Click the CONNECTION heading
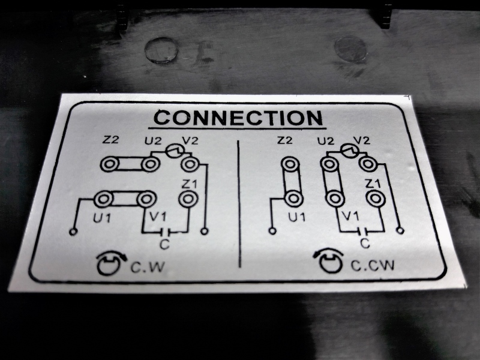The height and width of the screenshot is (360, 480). coord(238,118)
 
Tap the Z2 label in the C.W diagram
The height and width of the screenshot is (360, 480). coord(110,140)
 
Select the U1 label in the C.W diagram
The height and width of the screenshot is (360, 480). coord(102,218)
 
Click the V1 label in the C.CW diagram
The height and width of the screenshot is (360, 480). coord(350,217)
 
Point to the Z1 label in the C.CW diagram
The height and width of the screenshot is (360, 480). coord(373,184)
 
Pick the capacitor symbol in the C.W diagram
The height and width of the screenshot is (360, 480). coord(165,232)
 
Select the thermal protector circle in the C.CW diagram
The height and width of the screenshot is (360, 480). coord(350,151)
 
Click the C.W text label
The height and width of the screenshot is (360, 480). coord(148,267)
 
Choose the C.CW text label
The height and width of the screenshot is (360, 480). coord(372,266)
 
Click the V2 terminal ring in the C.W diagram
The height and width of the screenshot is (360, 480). coord(190,164)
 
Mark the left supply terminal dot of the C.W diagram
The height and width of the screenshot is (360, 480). coord(73,232)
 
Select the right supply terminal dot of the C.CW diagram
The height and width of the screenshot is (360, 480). coord(400,230)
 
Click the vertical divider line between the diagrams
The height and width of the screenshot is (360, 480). coord(239,203)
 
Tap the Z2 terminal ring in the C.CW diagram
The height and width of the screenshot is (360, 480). coord(290,164)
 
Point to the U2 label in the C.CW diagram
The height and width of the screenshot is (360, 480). coord(325,141)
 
